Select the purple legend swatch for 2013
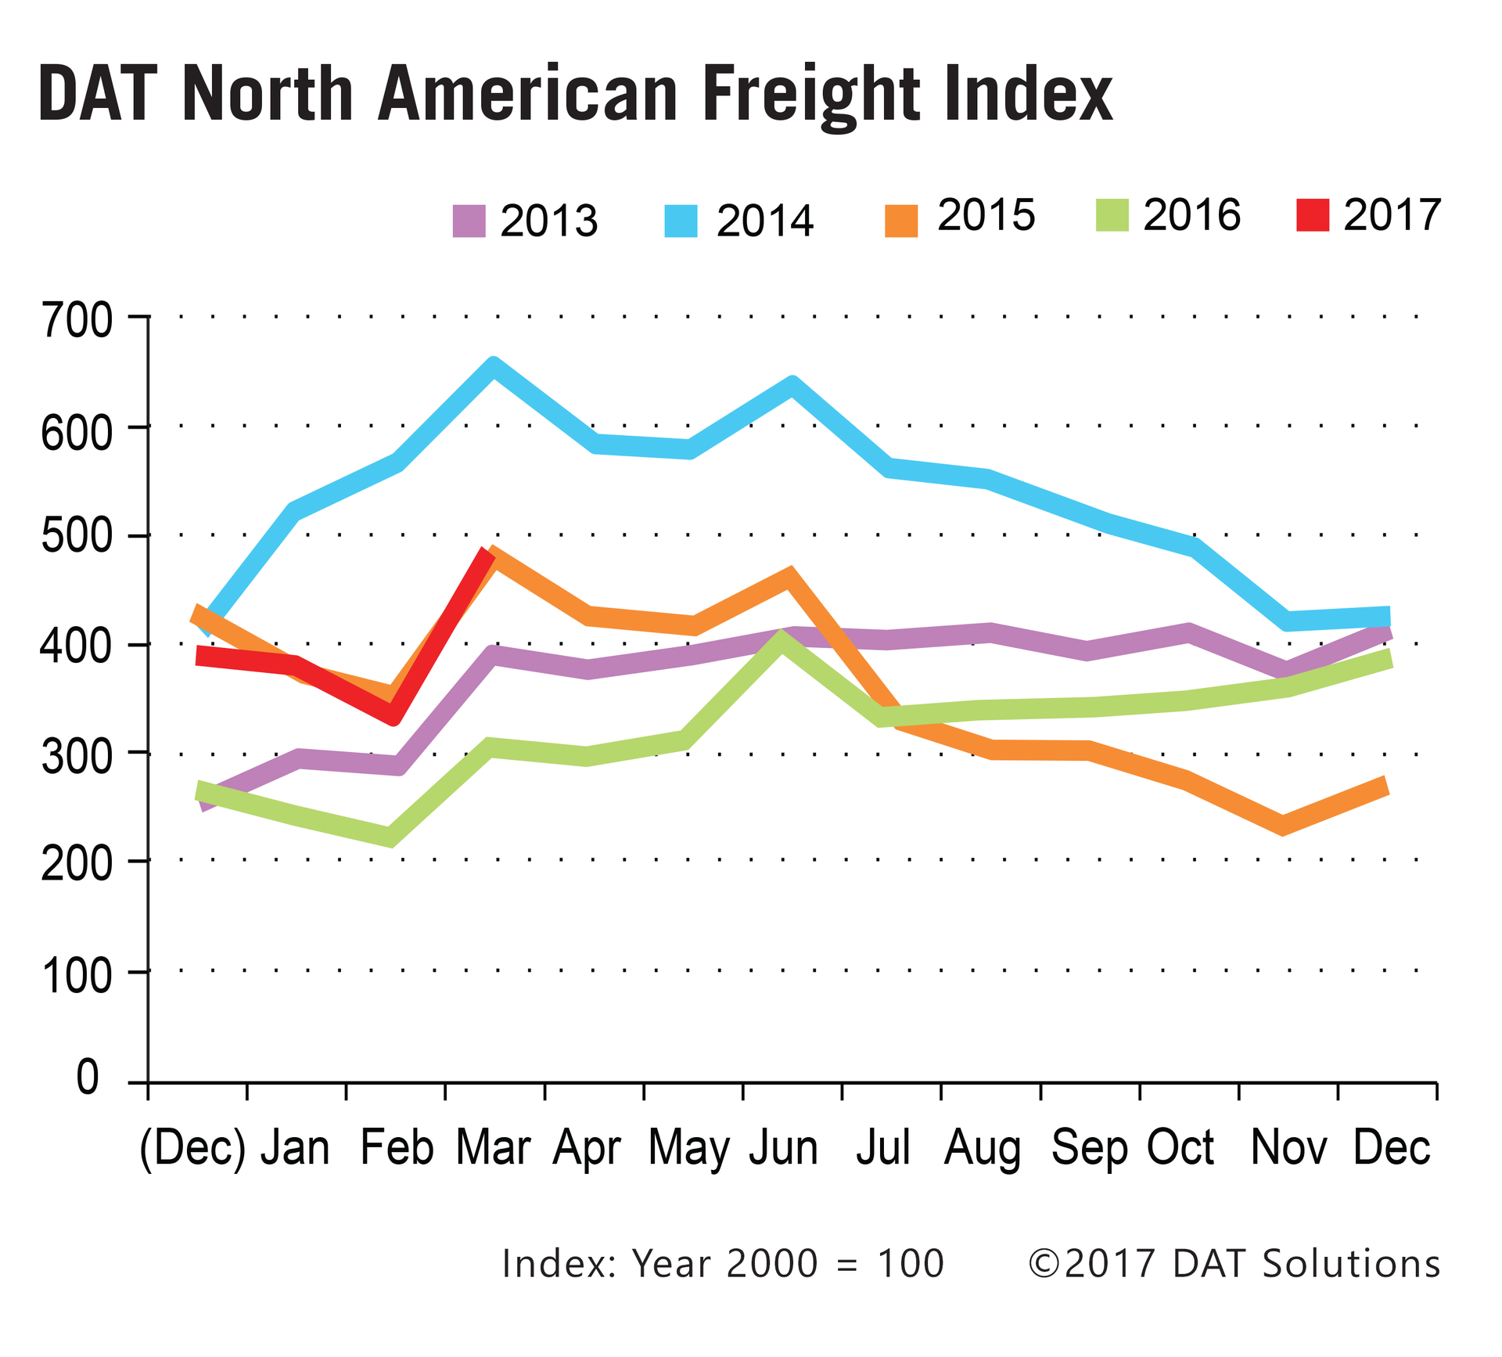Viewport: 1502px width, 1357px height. point(469,221)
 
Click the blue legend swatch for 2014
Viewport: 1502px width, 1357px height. point(681,221)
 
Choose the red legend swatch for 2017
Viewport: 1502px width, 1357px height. point(1312,214)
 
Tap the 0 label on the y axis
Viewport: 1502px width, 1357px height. point(88,1078)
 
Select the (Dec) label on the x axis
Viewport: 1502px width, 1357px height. point(192,1148)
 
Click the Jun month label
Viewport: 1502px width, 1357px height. point(783,1148)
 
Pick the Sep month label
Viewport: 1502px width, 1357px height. point(1089,1148)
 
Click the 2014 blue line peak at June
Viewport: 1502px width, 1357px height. point(792,385)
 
